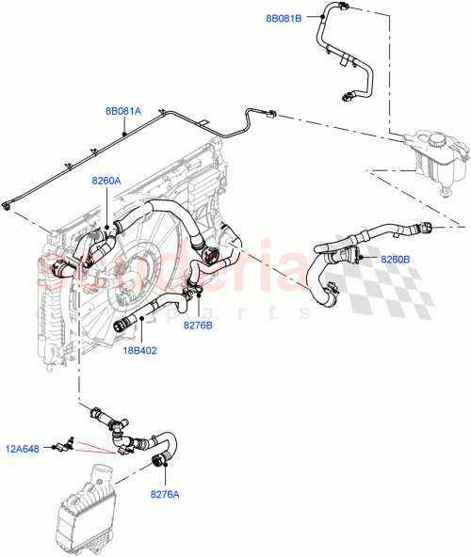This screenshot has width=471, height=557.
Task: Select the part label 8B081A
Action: pos(122,111)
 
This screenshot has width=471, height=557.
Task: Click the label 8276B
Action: pos(198,325)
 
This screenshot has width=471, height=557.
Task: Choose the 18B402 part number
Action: pos(139,350)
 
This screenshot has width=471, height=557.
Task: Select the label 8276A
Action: pos(165,491)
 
